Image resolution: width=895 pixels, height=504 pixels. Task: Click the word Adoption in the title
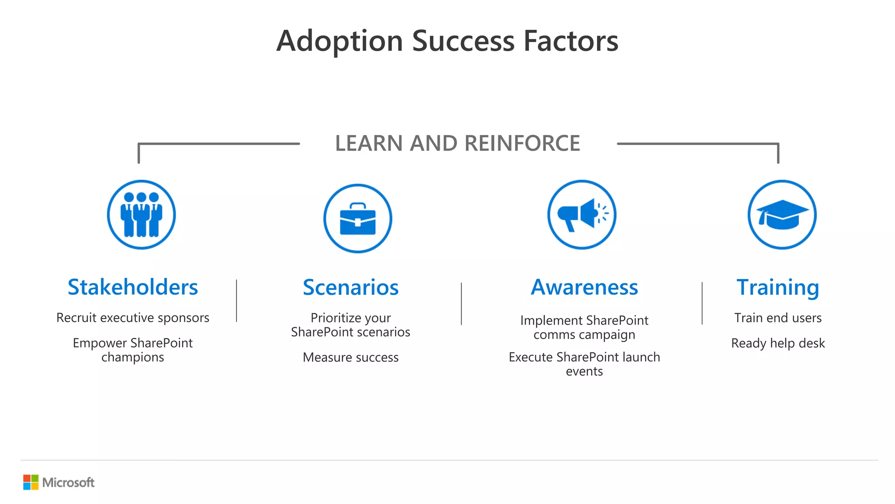pyautogui.click(x=339, y=41)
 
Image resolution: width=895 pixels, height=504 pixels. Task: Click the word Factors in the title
pyautogui.click(x=571, y=41)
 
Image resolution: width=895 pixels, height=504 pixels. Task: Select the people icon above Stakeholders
pyautogui.click(x=141, y=214)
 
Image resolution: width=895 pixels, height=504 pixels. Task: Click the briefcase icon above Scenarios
pyautogui.click(x=357, y=218)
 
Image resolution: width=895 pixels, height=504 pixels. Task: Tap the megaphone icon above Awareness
pyautogui.click(x=582, y=214)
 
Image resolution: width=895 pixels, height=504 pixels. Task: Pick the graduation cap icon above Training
pyautogui.click(x=782, y=214)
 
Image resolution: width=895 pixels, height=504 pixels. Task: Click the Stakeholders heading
pyautogui.click(x=133, y=287)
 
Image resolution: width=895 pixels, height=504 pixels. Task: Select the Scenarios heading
pyautogui.click(x=350, y=287)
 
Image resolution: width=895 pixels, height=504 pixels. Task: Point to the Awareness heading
pyautogui.click(x=584, y=287)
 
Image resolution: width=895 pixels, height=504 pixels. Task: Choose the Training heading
pyautogui.click(x=778, y=287)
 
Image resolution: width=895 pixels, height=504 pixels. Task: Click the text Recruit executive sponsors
pyautogui.click(x=133, y=318)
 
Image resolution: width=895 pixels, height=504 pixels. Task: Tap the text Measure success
pyautogui.click(x=350, y=357)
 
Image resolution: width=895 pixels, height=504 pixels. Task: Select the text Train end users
pyautogui.click(x=778, y=318)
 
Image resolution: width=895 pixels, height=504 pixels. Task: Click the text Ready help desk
pyautogui.click(x=778, y=343)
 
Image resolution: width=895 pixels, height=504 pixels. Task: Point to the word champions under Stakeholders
pyautogui.click(x=133, y=357)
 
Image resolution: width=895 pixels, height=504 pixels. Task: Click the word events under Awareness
pyautogui.click(x=584, y=371)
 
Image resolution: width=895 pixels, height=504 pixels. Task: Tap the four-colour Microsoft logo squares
pyautogui.click(x=31, y=482)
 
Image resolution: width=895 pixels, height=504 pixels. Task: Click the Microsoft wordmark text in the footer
pyautogui.click(x=68, y=483)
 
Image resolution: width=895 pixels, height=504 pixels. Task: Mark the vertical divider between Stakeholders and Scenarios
pyautogui.click(x=236, y=301)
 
